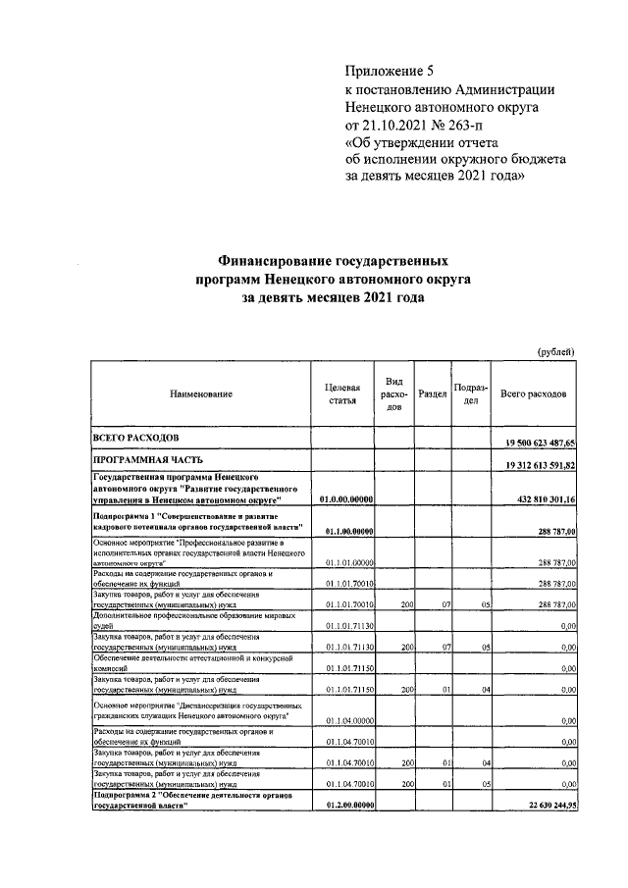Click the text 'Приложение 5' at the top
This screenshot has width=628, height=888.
(389, 71)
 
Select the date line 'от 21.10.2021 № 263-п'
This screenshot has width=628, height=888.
(413, 125)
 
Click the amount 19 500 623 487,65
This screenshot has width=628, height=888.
(540, 444)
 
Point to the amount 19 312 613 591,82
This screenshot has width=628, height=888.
(540, 465)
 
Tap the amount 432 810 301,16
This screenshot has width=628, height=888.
(545, 499)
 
